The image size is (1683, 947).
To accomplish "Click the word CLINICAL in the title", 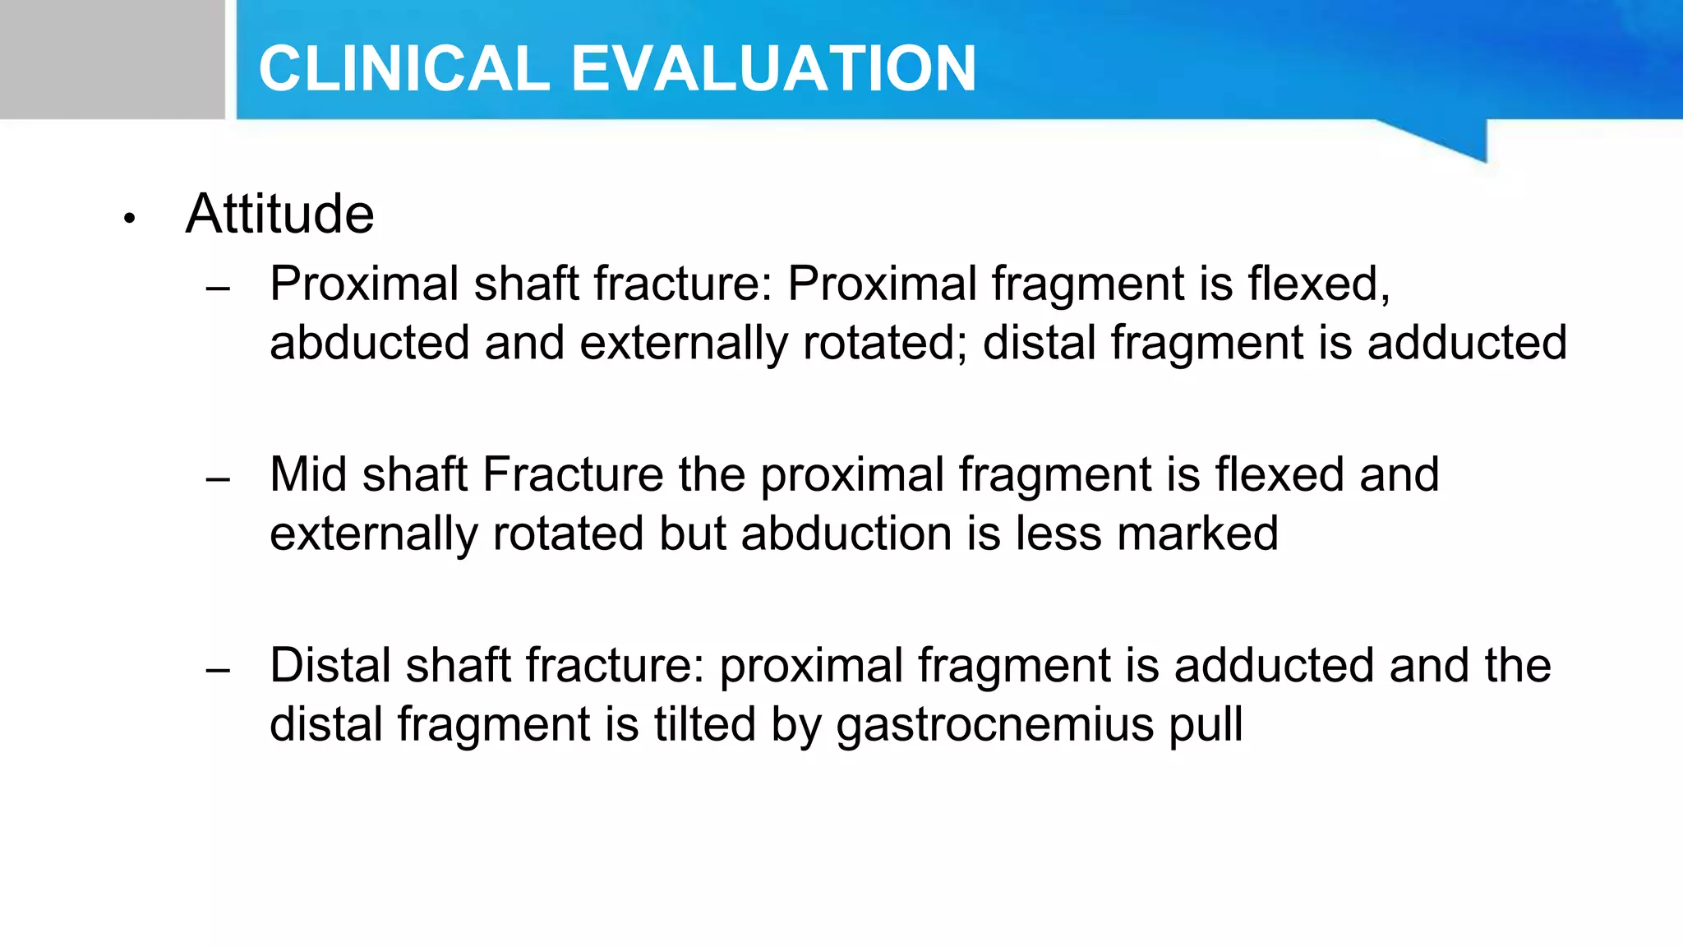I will (403, 68).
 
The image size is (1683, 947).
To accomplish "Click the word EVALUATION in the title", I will (772, 68).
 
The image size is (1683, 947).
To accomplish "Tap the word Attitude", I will (279, 215).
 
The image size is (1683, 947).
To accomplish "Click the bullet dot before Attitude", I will (128, 219).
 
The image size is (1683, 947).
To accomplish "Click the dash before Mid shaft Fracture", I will (218, 479).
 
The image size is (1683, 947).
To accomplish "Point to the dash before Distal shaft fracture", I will (218, 670).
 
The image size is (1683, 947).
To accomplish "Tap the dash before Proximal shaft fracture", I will (218, 289).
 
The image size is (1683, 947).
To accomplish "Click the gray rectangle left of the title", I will (112, 59).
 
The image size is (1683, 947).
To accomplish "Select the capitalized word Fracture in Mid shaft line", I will (573, 474).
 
